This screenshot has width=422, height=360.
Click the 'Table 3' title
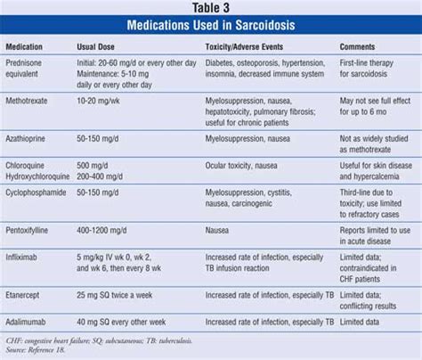pyautogui.click(x=211, y=9)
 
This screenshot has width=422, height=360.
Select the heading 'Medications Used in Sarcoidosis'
pyautogui.click(x=211, y=25)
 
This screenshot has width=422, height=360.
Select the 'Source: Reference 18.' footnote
pyautogui.click(x=37, y=349)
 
